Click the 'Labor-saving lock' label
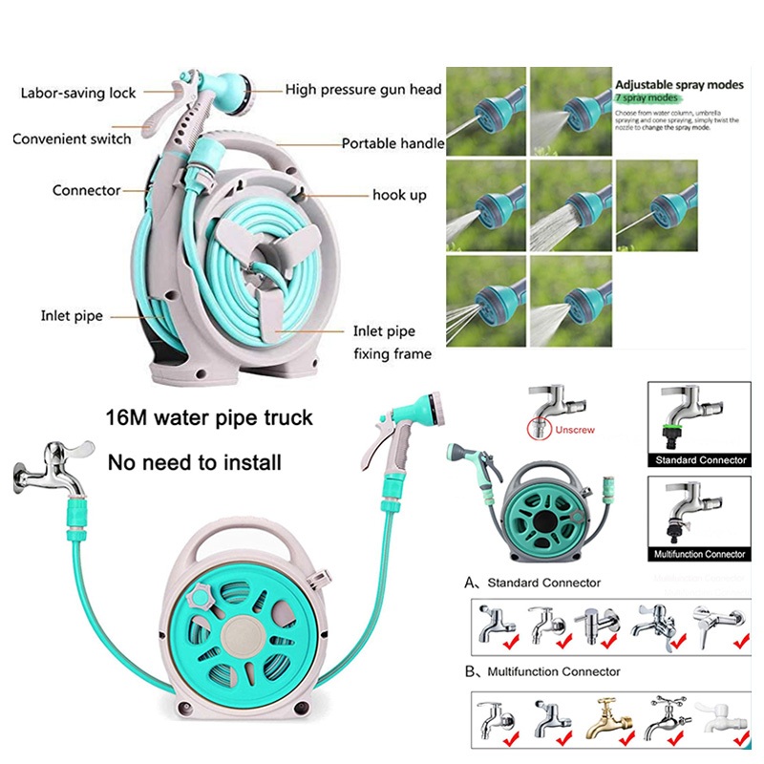(78, 94)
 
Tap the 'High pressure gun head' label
(364, 90)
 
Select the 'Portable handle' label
(393, 144)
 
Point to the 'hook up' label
(399, 196)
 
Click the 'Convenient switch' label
(72, 139)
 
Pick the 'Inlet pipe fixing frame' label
(393, 343)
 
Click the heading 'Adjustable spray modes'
(679, 85)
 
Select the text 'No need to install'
(195, 463)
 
